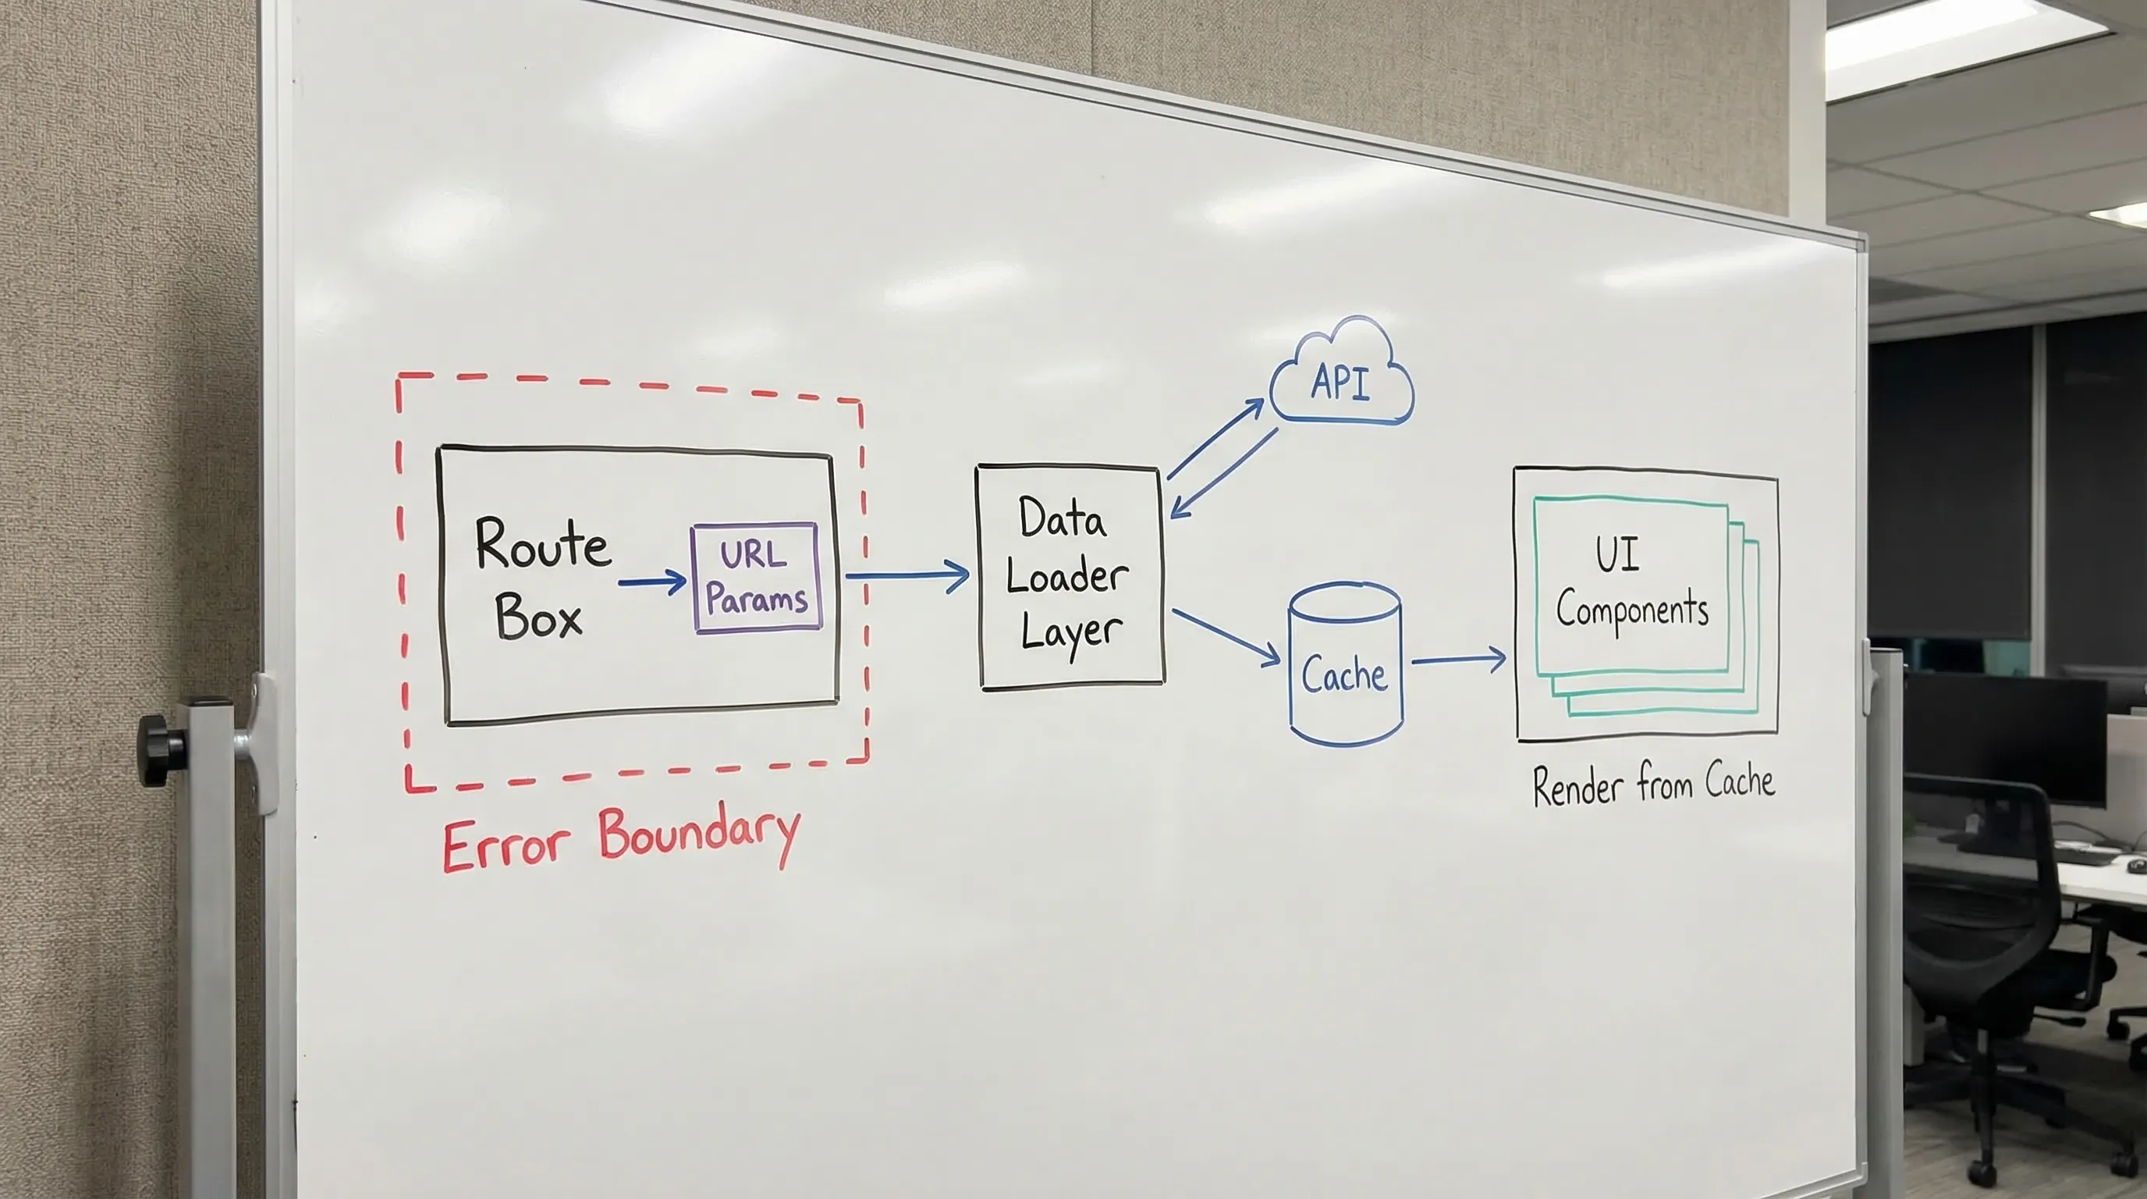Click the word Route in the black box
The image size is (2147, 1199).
coord(542,543)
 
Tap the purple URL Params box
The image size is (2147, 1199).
coord(756,578)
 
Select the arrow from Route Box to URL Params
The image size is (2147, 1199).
coord(651,582)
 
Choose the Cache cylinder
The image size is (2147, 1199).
coord(1345,664)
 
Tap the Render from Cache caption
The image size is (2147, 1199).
coord(1654,784)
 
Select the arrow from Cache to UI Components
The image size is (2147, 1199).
coord(1459,660)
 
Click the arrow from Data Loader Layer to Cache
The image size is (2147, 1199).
coord(1225,637)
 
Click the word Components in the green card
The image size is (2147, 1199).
coord(1632,609)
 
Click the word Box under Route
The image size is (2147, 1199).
coord(538,617)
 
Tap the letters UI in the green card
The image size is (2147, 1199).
coord(1617,553)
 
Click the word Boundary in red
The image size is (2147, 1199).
coord(698,834)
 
